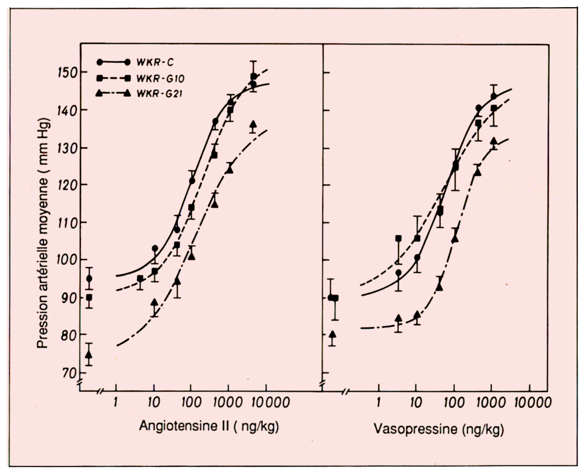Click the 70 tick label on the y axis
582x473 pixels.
click(x=68, y=372)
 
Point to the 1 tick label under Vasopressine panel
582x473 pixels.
click(x=378, y=402)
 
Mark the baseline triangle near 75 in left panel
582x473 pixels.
click(x=89, y=354)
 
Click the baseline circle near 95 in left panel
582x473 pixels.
click(x=89, y=279)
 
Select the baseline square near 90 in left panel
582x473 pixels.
click(x=89, y=298)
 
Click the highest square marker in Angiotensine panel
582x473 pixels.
click(x=253, y=77)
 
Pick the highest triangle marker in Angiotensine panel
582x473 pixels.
click(x=253, y=124)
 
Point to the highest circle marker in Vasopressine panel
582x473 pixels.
click(x=494, y=96)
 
